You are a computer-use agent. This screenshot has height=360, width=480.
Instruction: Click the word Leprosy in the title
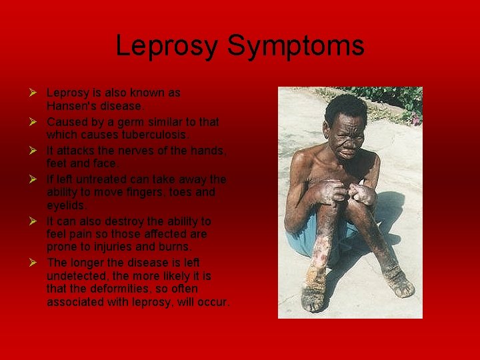point(167,46)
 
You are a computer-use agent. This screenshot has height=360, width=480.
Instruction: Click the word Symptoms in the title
point(295,46)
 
